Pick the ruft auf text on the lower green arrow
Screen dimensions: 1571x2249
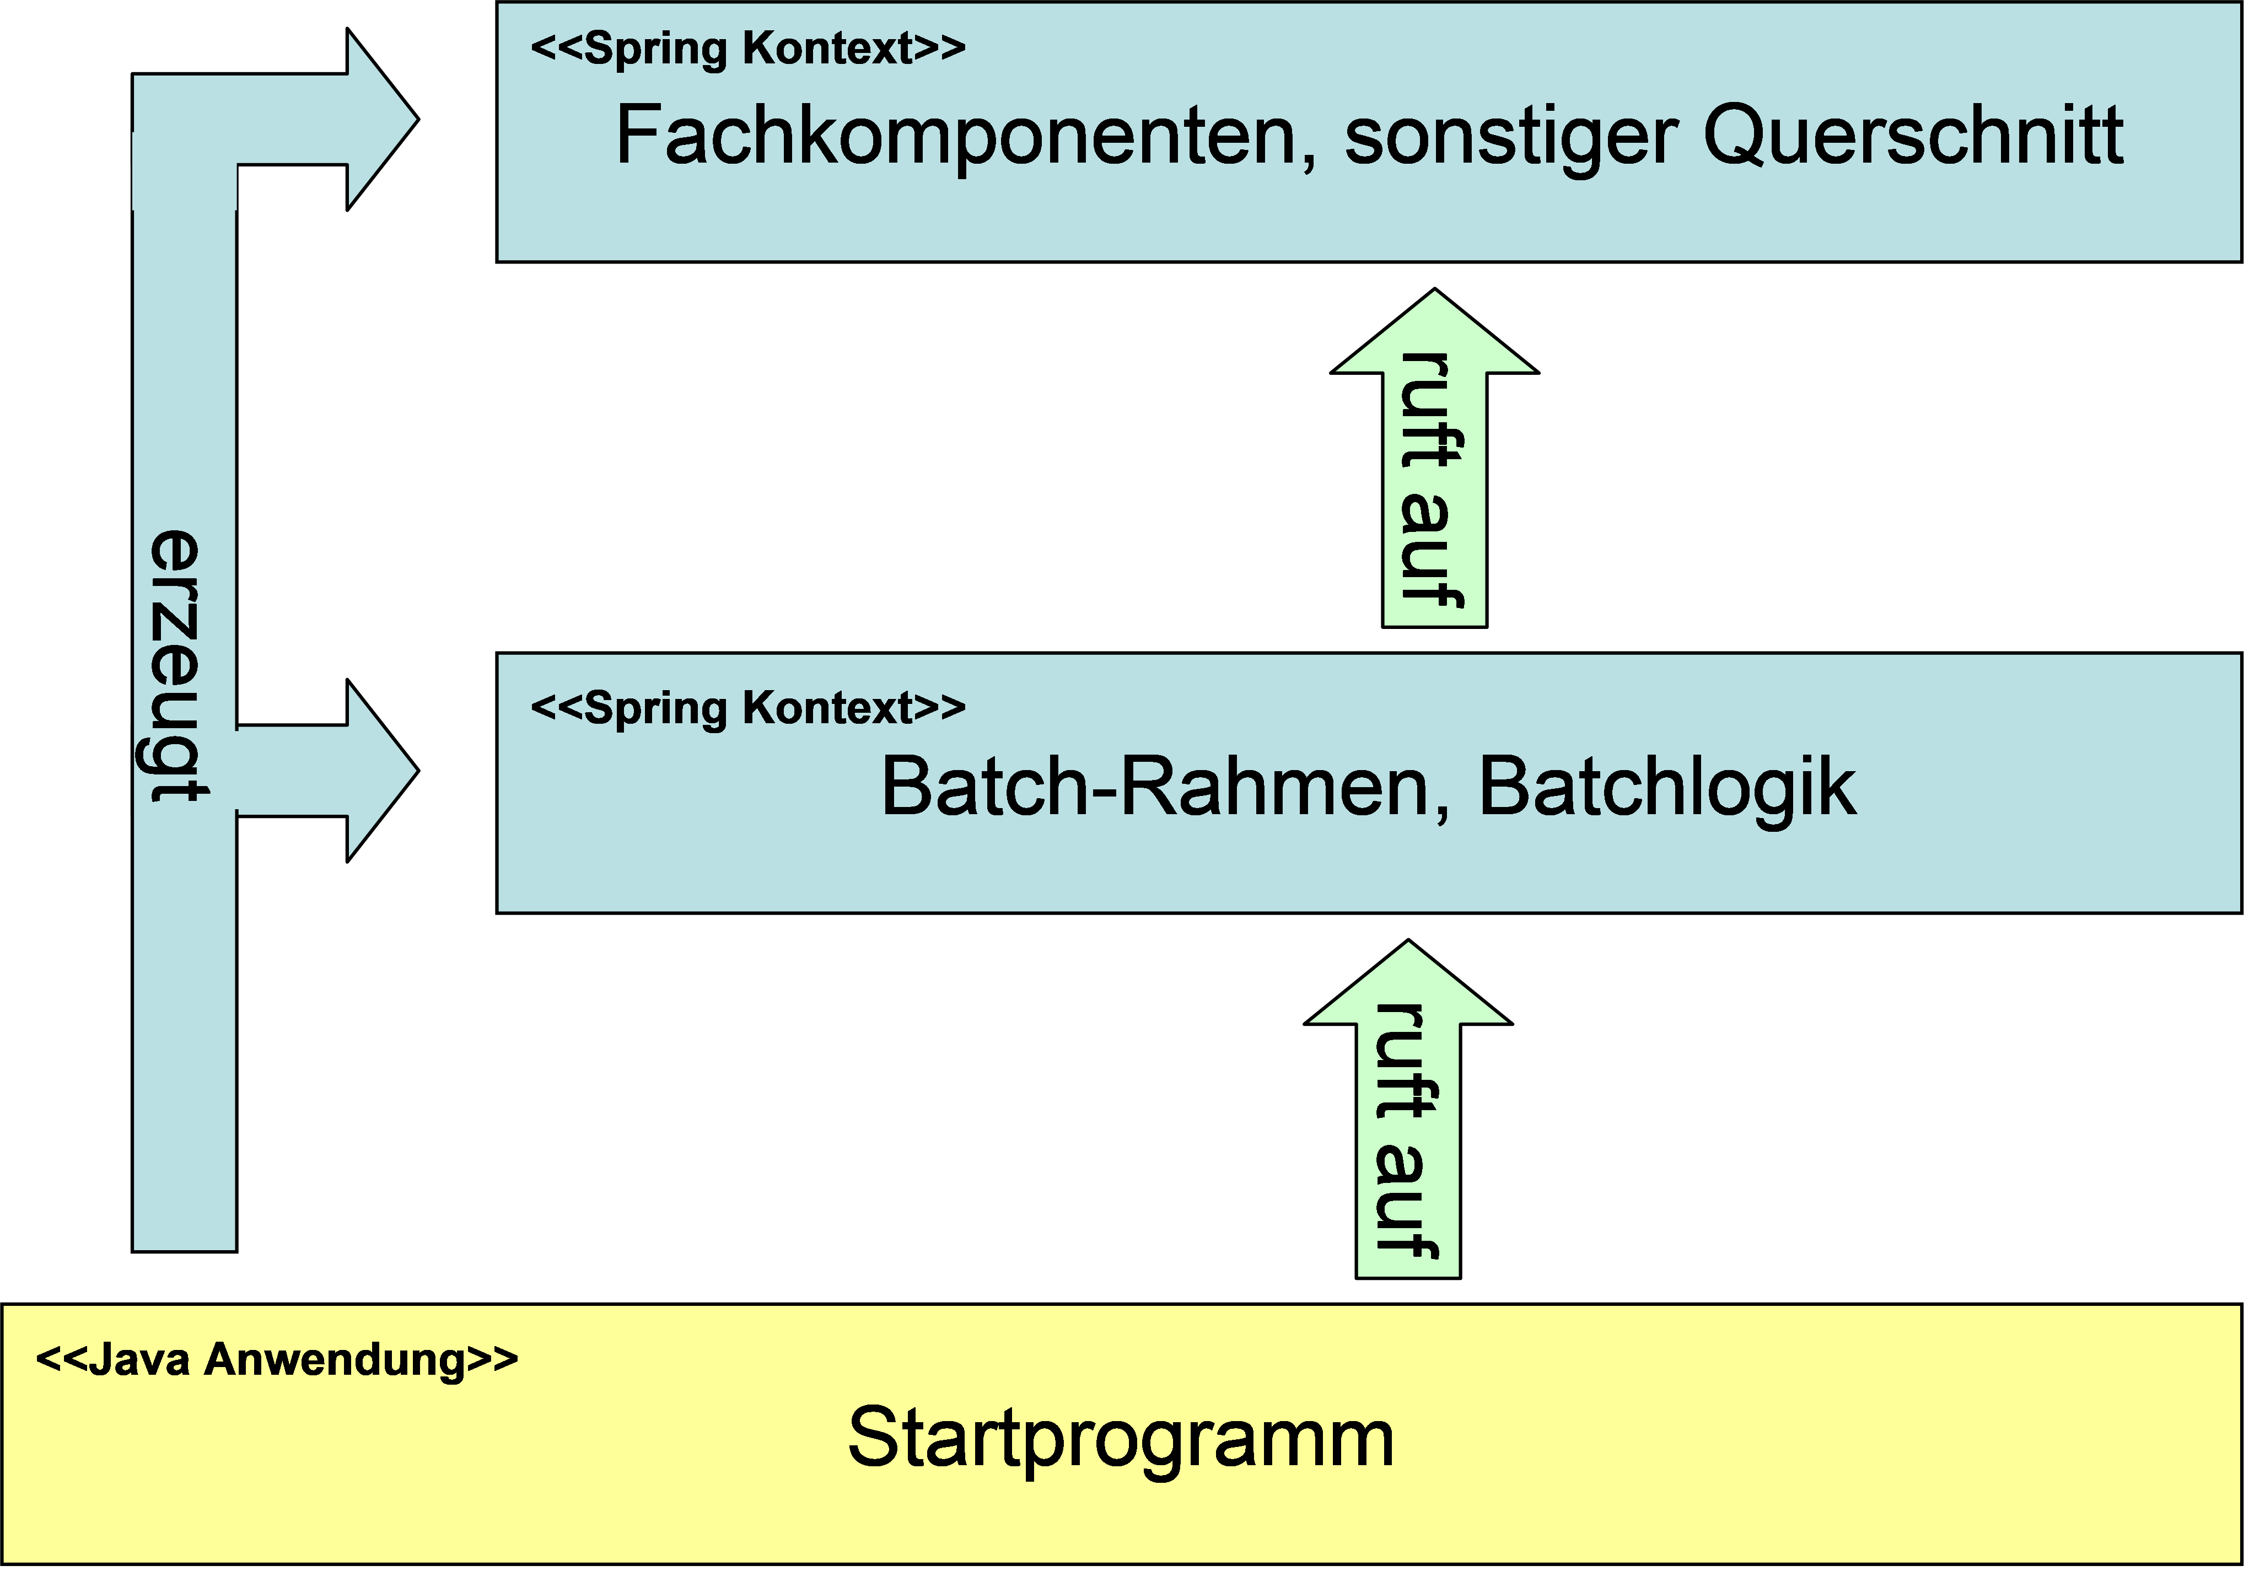pyautogui.click(x=1407, y=1131)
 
